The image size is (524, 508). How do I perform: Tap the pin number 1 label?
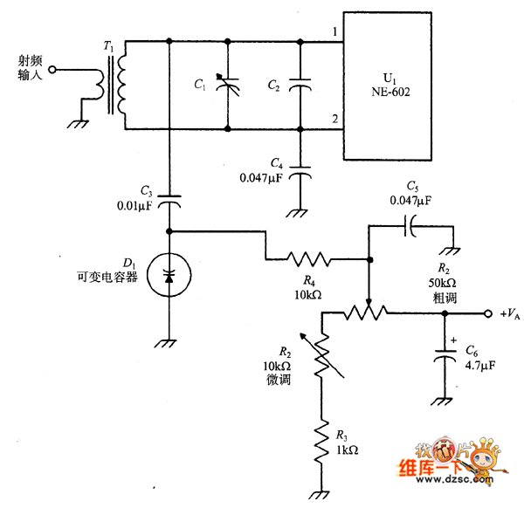(x=334, y=32)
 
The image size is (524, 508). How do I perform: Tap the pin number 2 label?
(x=334, y=119)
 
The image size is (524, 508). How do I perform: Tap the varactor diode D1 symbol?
(x=168, y=277)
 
